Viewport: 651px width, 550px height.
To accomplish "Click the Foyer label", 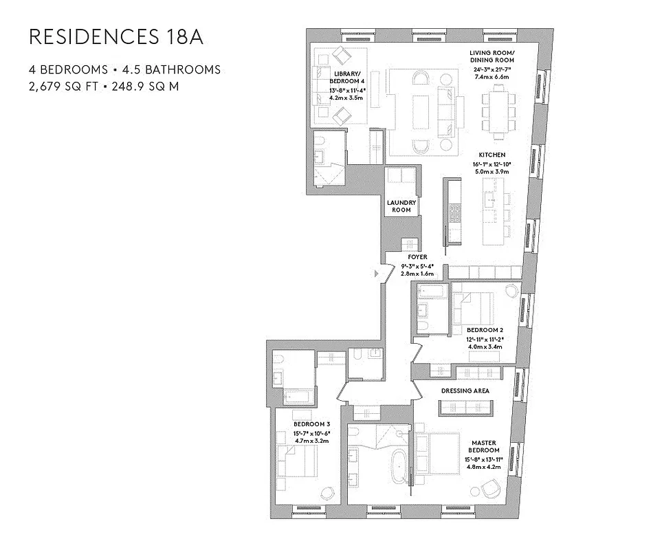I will (417, 256).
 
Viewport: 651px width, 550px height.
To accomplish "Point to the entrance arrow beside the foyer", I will (375, 274).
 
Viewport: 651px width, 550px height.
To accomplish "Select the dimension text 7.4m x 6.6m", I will (492, 77).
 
